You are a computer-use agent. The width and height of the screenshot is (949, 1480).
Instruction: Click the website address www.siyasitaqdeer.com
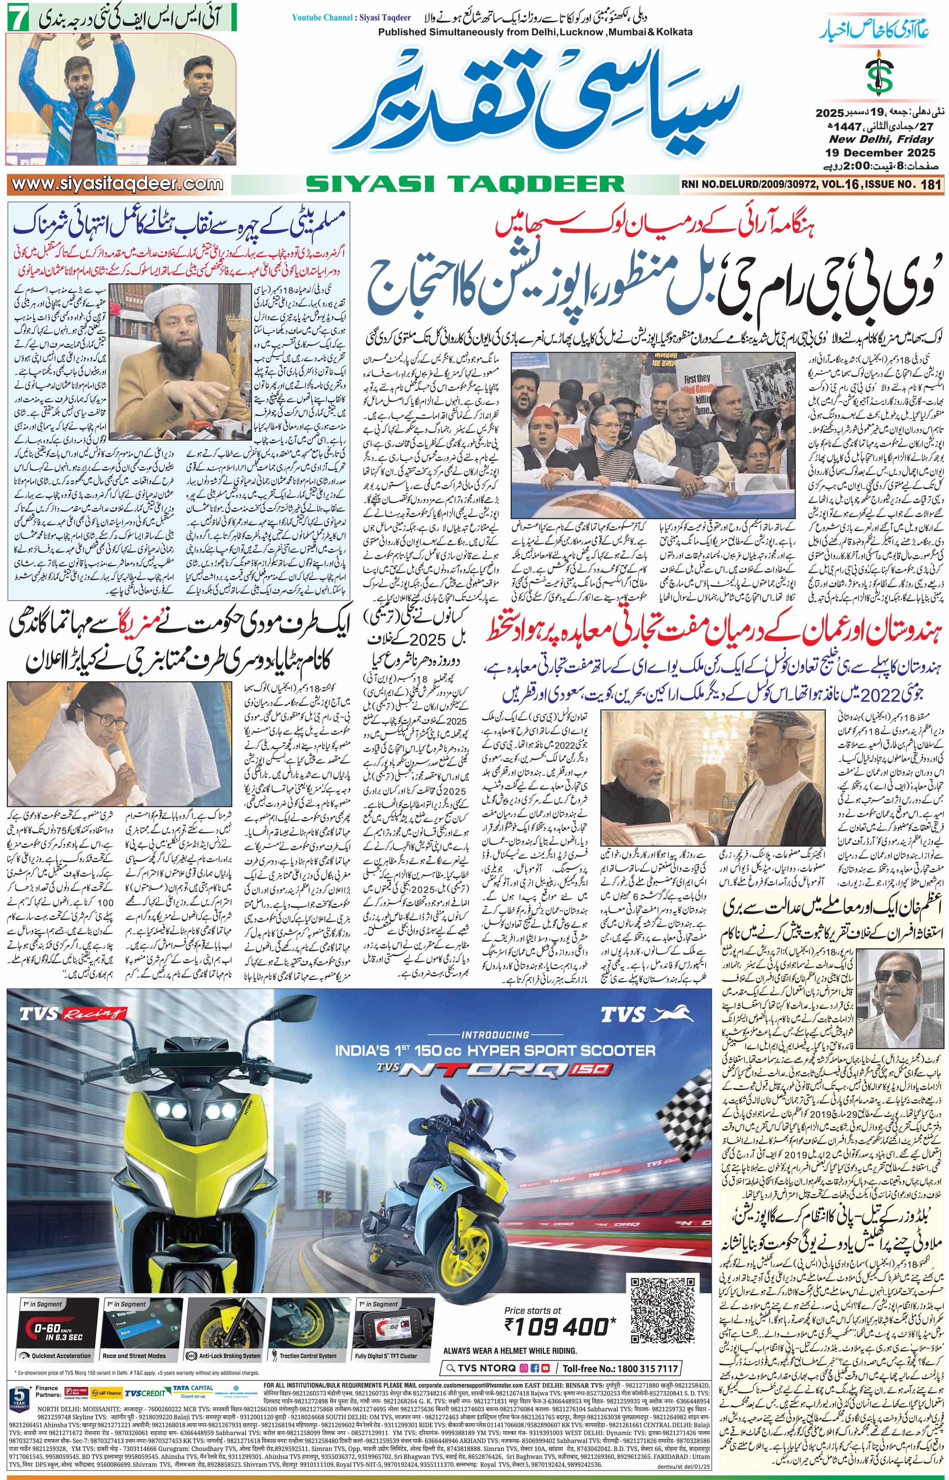tap(117, 184)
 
